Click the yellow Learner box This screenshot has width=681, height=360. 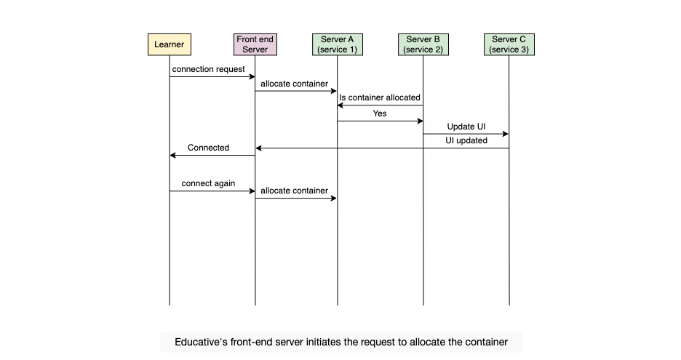pos(170,44)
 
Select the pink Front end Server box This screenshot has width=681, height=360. pos(255,44)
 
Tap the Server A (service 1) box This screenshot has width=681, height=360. pos(338,44)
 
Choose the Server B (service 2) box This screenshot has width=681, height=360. pos(423,44)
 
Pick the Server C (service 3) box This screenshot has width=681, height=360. pos(509,44)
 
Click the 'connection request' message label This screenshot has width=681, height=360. pos(209,69)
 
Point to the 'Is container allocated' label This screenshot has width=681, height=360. pos(380,97)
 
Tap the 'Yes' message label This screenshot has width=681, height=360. pos(380,113)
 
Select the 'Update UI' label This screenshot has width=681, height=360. pos(466,127)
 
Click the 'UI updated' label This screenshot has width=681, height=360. pos(466,140)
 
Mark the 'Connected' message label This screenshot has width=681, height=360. pos(209,148)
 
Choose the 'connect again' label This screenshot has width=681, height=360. pos(209,183)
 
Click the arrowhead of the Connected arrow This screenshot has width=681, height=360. pos(172,155)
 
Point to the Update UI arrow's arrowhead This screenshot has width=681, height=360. pos(506,134)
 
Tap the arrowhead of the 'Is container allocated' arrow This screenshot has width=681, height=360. pos(340,105)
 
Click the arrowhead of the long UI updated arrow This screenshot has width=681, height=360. pos(258,148)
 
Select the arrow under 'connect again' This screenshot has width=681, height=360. pos(212,191)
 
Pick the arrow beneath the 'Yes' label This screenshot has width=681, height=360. pos(381,121)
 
